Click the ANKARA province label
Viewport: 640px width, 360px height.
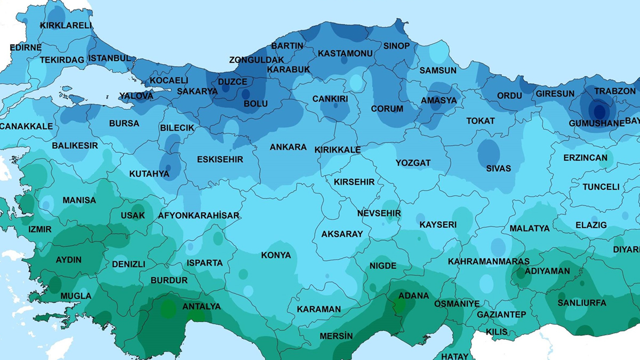point(288,147)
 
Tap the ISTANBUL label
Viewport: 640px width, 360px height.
point(109,58)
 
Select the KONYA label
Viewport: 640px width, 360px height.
point(276,255)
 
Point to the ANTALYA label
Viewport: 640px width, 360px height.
point(201,307)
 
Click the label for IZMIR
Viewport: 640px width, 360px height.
point(40,229)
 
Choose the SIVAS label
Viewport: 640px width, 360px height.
point(498,168)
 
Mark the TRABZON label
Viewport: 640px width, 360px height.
point(615,91)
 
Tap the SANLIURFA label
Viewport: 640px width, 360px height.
point(582,302)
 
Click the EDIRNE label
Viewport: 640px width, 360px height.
point(25,47)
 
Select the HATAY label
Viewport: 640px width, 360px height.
point(454,356)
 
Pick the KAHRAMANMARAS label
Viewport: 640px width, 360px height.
point(489,261)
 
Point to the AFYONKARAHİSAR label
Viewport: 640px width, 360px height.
point(198,215)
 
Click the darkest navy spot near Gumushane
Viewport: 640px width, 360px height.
point(599,111)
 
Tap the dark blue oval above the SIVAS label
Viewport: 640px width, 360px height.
point(489,153)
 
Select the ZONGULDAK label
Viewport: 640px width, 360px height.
point(257,60)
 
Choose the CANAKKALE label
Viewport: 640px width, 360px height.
point(27,126)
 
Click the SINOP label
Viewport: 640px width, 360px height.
point(396,46)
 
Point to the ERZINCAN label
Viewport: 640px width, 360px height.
point(585,158)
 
